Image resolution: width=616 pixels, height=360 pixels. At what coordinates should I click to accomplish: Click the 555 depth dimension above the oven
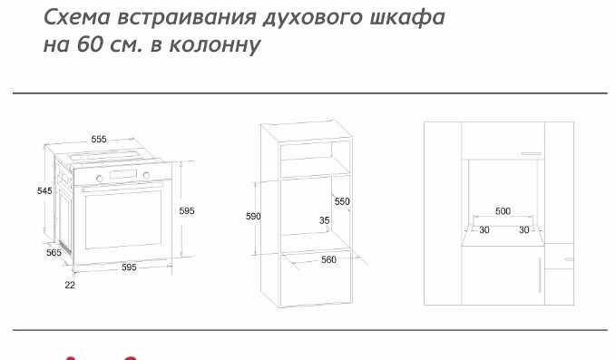pyautogui.click(x=99, y=139)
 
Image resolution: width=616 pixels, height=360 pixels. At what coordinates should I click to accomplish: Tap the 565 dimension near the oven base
pyautogui.click(x=54, y=252)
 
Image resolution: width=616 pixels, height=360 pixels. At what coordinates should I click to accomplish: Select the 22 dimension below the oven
pyautogui.click(x=70, y=285)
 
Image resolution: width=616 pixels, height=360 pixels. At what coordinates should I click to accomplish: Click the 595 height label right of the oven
pyautogui.click(x=187, y=210)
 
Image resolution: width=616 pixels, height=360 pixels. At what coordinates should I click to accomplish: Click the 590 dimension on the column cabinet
pyautogui.click(x=254, y=217)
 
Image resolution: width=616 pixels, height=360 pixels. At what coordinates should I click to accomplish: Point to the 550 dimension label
pyautogui.click(x=342, y=201)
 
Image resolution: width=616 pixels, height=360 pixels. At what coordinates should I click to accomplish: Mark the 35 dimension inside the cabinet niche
pyautogui.click(x=324, y=220)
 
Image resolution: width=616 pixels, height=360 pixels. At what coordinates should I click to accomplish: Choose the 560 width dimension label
pyautogui.click(x=329, y=260)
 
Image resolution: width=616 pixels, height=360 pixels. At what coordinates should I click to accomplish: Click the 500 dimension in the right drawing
pyautogui.click(x=503, y=211)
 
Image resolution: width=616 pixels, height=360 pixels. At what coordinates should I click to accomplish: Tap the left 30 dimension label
pyautogui.click(x=484, y=230)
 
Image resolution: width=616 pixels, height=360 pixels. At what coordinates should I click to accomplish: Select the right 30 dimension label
pyautogui.click(x=523, y=230)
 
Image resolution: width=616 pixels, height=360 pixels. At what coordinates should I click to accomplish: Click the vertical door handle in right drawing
pyautogui.click(x=543, y=275)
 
